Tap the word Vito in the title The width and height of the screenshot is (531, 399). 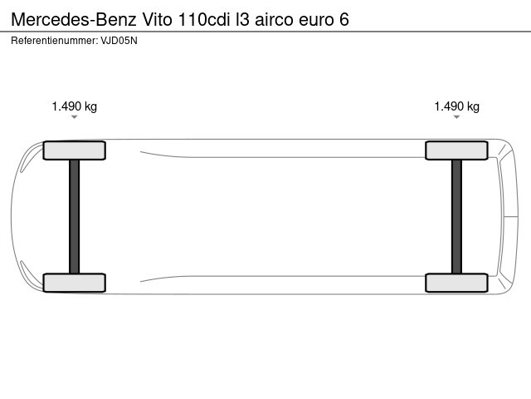point(157,19)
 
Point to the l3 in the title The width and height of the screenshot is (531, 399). point(242,19)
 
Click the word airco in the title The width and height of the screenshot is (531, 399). point(274,19)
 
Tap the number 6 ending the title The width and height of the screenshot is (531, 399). point(343,19)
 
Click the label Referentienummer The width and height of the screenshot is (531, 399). point(54,41)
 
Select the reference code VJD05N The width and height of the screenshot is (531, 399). point(119,41)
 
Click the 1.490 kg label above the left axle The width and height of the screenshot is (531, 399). point(74,106)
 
